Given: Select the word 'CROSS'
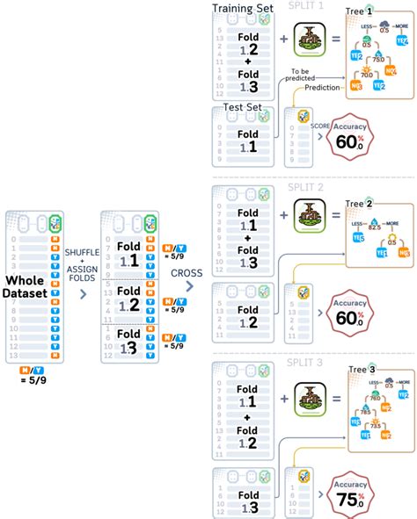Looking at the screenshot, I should pos(187,272).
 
